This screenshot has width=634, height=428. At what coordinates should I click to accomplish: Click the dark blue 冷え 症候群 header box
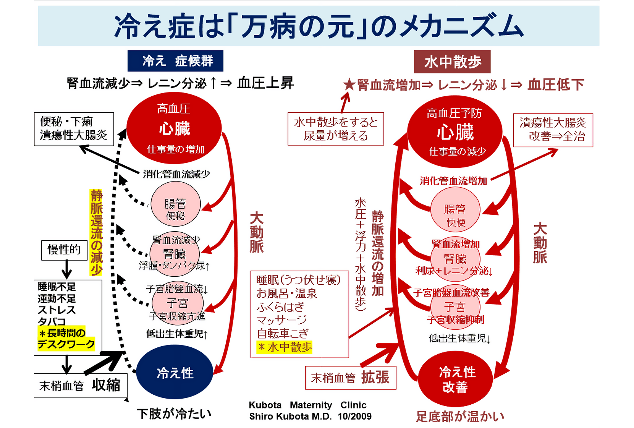pos(175,61)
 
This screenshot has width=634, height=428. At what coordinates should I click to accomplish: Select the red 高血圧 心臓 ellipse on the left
pos(174,128)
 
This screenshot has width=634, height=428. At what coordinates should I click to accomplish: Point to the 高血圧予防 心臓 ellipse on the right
pos(454,132)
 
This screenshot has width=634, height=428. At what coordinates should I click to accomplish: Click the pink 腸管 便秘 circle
pos(175,204)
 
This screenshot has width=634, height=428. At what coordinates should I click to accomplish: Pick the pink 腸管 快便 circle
pos(455,209)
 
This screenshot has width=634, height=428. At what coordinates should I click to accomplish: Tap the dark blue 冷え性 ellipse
pos(175,373)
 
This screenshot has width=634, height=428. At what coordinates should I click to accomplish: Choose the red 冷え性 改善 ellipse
pos(455,379)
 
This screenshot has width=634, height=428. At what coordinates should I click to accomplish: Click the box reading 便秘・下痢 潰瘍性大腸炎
pos(74,129)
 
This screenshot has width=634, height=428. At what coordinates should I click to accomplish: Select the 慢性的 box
pos(64,250)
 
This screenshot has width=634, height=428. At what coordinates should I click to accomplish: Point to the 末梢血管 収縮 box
pos(80,385)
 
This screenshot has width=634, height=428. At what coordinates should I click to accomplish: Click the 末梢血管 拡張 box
pos(350,378)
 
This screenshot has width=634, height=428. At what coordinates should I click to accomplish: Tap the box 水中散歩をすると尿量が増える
pos(335,129)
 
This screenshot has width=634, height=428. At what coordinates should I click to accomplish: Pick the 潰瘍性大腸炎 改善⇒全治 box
pos(553,130)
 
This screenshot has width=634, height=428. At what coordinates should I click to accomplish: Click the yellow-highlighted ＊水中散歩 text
pos(285,347)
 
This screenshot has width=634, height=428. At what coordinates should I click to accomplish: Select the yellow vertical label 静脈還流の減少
pos(96,232)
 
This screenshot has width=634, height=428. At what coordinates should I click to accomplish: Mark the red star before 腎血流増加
pos(349,84)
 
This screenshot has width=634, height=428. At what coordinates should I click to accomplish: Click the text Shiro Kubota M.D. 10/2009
pos(310,416)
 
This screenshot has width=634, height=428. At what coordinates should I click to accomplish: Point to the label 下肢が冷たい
pos(174,413)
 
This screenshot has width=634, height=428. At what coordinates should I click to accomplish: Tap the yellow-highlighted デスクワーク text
pos(66,344)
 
